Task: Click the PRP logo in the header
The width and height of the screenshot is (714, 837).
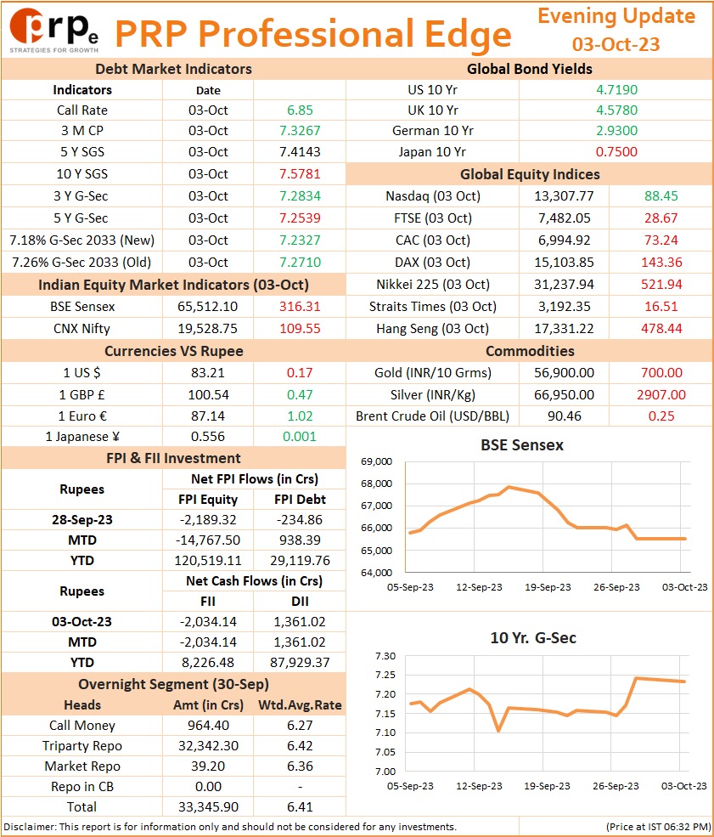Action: point(53,31)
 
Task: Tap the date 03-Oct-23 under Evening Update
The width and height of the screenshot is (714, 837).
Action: point(616,44)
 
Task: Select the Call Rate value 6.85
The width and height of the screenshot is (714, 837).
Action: point(300,110)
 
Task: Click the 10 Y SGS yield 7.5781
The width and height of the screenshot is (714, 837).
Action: point(300,174)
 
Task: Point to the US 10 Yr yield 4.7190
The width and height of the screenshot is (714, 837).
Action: point(616,90)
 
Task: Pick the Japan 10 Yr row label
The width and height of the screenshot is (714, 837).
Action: point(432,151)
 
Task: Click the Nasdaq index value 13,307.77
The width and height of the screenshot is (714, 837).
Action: point(564,196)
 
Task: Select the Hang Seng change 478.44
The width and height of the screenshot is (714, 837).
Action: point(661,328)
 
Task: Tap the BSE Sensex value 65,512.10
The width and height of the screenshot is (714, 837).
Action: point(207,307)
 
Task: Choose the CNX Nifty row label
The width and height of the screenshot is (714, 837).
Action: point(82,328)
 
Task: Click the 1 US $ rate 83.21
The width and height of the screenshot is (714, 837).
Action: point(207,372)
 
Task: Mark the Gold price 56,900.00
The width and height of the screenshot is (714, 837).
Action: point(564,372)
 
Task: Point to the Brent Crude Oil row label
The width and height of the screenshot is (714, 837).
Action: point(432,416)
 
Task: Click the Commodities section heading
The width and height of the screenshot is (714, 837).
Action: point(530,351)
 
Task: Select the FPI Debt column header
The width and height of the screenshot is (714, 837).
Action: point(300,499)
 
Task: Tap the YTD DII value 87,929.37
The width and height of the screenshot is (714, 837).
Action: point(300,663)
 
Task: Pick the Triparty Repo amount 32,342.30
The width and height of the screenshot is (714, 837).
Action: point(208,746)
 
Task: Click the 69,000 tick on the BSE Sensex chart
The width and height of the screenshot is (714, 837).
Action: point(376,461)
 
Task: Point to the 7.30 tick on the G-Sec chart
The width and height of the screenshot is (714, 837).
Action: point(385,655)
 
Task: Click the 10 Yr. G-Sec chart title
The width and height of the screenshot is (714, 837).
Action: point(533,638)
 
